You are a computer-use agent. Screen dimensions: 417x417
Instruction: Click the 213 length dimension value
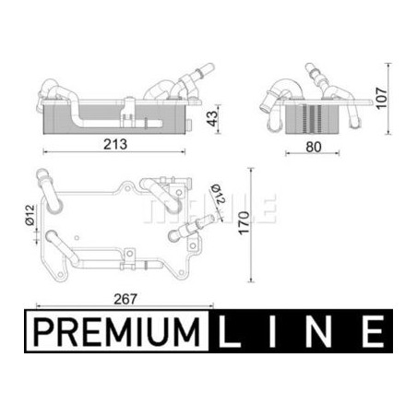point(115,144)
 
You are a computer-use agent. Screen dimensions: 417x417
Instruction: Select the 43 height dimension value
point(212,118)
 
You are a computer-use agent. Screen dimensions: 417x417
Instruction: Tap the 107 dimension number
point(382,98)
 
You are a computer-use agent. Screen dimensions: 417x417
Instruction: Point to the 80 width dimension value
point(314,147)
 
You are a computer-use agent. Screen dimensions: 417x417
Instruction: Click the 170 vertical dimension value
point(244,223)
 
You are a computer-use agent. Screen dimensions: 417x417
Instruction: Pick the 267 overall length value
point(125,299)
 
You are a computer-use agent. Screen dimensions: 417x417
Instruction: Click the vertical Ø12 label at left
point(30,215)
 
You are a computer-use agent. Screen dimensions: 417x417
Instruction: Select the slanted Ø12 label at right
point(219,194)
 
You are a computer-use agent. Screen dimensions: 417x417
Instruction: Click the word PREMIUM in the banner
point(116,332)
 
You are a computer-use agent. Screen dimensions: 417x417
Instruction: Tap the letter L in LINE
point(229,332)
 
